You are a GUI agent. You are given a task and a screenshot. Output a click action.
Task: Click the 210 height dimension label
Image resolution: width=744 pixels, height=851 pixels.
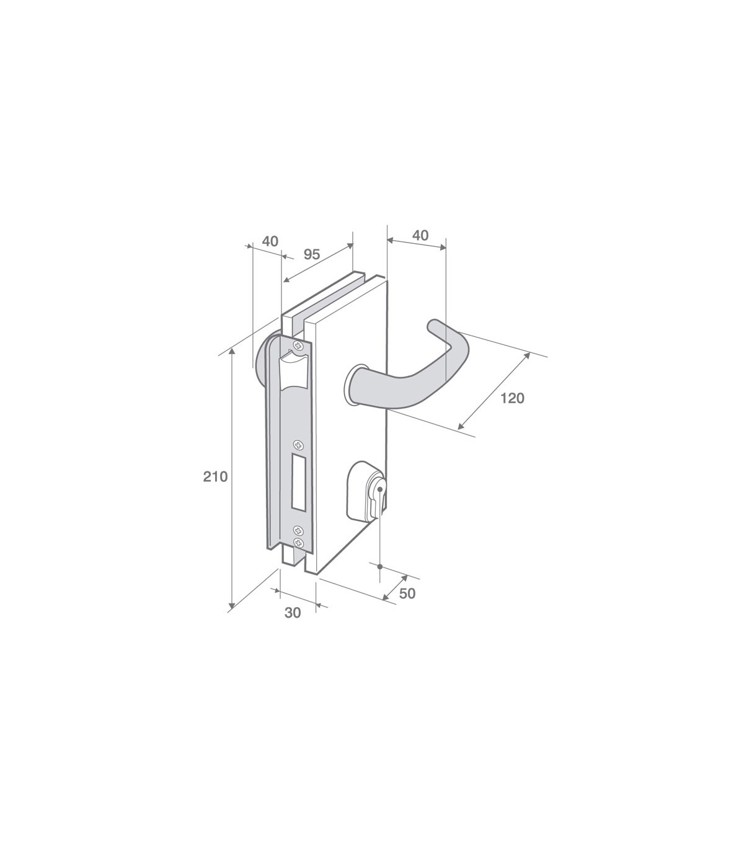(x=215, y=476)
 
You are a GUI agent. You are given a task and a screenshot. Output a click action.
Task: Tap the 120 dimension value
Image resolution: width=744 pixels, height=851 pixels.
(x=512, y=398)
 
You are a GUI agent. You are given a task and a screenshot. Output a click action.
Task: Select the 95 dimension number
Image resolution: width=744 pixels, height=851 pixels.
(x=312, y=254)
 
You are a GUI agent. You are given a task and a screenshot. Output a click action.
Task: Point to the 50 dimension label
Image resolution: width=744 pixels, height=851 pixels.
(x=407, y=594)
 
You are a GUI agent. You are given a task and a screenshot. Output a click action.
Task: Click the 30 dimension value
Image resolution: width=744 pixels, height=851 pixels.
(x=293, y=613)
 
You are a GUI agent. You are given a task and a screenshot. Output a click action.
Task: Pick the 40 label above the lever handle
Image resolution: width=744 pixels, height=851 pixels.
(x=420, y=236)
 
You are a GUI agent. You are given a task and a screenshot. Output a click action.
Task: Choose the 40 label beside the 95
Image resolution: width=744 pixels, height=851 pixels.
(x=270, y=241)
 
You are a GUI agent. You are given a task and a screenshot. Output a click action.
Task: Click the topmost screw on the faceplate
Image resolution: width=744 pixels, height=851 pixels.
(x=298, y=345)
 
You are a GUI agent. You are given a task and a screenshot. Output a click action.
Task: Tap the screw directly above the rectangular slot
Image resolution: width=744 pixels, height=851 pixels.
(x=298, y=445)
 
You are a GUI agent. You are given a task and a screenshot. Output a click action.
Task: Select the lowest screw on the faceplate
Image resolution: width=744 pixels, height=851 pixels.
(x=298, y=542)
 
